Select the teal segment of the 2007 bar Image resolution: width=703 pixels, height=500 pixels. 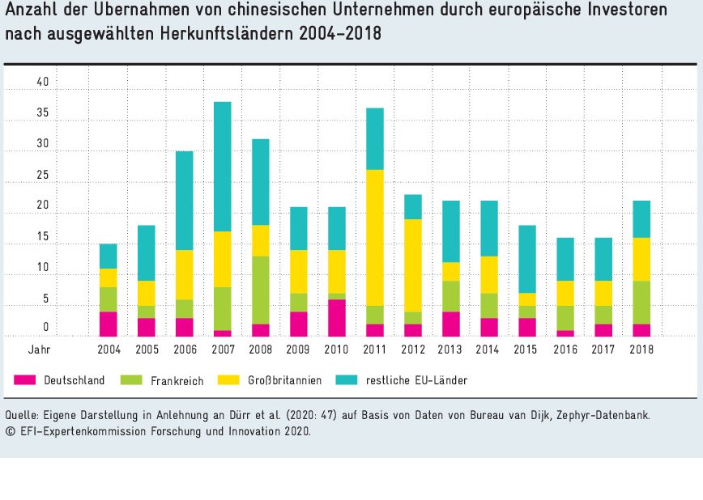tap(222, 167)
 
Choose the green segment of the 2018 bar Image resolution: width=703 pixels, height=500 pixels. tap(641, 302)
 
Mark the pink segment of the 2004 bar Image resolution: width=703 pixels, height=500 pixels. tap(108, 324)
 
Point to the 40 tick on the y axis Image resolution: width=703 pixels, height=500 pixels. tap(42, 83)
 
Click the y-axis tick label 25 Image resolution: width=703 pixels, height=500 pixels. tap(42, 176)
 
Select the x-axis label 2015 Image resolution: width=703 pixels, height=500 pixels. tap(527, 350)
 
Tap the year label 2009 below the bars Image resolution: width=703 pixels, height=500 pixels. tap(298, 350)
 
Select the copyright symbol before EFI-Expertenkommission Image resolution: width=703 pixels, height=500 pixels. tap(9, 431)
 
